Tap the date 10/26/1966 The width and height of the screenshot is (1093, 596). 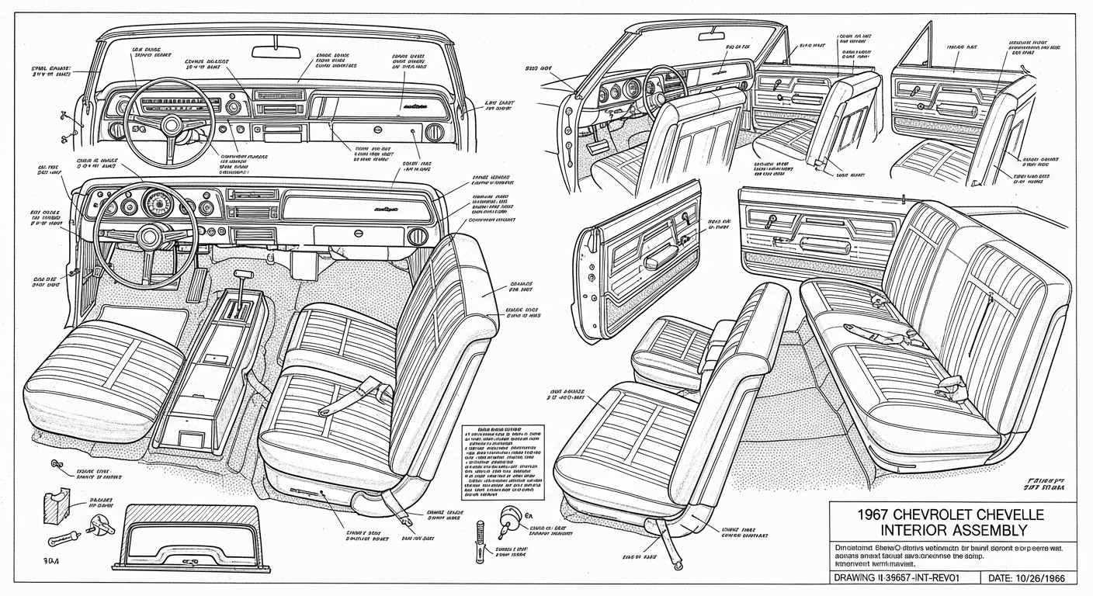(1040, 577)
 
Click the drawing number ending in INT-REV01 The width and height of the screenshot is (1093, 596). (900, 577)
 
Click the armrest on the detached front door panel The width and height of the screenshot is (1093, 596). (657, 259)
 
